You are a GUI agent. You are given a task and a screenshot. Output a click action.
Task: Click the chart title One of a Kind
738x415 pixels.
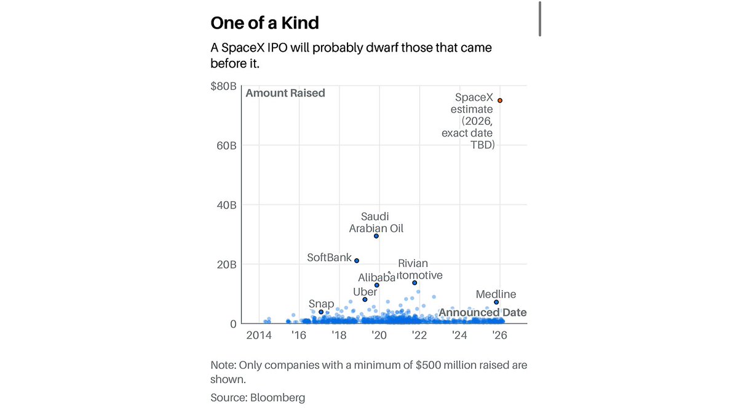pos(264,23)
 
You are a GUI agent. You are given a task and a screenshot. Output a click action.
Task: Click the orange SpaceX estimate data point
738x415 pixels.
pos(500,100)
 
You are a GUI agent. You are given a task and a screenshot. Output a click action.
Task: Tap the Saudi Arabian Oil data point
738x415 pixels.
pos(376,236)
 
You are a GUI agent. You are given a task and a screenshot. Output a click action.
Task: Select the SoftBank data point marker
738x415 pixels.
pos(357,261)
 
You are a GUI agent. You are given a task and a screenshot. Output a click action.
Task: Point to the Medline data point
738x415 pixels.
pos(496,302)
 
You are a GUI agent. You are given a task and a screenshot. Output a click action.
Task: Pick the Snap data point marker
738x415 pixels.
pos(321,312)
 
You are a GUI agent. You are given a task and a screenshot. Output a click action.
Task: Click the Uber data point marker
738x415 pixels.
pos(365,299)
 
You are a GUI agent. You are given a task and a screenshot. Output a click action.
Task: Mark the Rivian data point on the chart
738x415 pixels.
pos(415,283)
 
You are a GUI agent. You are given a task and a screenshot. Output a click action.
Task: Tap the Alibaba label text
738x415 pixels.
pos(376,277)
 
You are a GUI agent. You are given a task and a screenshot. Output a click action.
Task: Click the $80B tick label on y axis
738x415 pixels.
pos(223,86)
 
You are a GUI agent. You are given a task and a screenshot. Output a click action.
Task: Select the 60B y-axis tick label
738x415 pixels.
pos(225,146)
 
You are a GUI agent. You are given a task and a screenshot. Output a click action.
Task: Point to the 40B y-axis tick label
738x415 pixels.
pos(225,205)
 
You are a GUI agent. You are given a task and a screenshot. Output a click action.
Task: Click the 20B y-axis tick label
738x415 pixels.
pos(225,264)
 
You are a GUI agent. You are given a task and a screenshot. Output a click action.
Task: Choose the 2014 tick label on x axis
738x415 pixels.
pos(259,336)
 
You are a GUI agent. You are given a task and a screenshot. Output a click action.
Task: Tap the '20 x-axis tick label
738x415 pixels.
pos(379,336)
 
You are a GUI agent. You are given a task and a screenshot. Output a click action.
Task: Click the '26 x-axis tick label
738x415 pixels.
pos(500,336)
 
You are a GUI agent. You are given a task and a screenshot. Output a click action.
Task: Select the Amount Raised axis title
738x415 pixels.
pos(285,93)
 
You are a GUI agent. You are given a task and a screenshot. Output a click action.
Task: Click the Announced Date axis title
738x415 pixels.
pos(482,312)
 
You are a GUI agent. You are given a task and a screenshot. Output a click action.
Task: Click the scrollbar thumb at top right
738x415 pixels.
pos(540,18)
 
